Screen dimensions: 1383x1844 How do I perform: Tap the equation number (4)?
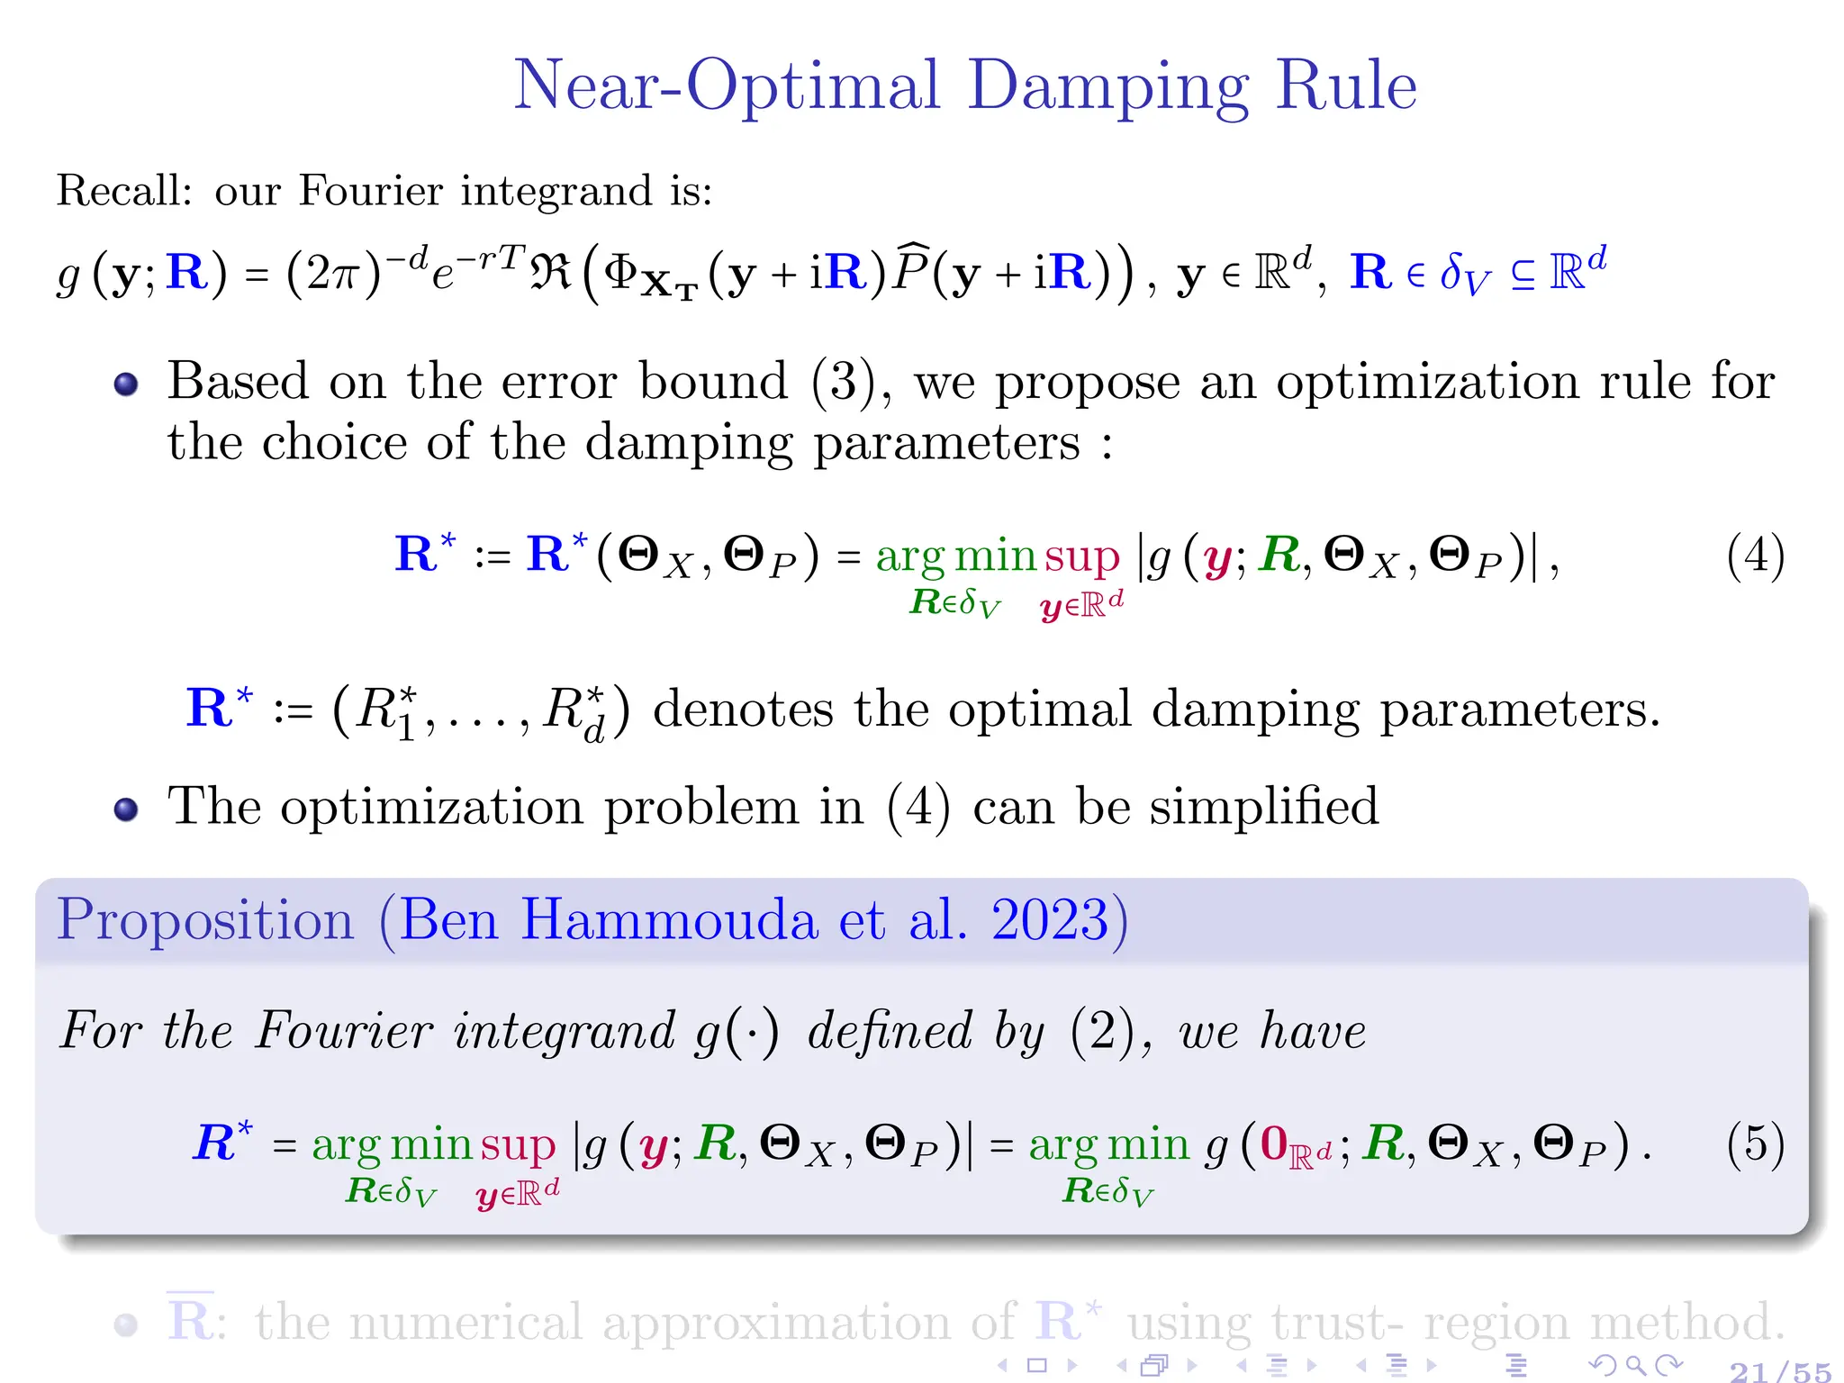tap(1755, 556)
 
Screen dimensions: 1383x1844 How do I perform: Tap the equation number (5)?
tap(1755, 1144)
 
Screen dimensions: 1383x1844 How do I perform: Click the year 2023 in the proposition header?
tap(1050, 920)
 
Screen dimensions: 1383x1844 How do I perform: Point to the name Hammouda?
tap(667, 920)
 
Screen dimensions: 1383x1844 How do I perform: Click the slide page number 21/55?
tap(1780, 1371)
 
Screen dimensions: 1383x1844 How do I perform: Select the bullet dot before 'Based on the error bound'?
tap(126, 384)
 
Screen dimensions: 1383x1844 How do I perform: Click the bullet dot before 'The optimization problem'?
tap(126, 809)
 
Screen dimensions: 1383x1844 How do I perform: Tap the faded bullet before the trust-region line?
tap(126, 1324)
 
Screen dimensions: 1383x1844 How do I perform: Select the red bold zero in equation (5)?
tap(1273, 1143)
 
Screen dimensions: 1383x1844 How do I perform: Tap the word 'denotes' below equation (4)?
tap(743, 710)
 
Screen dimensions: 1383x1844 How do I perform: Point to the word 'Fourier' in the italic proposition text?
tap(343, 1031)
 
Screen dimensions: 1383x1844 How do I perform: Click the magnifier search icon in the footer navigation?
tap(1635, 1365)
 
